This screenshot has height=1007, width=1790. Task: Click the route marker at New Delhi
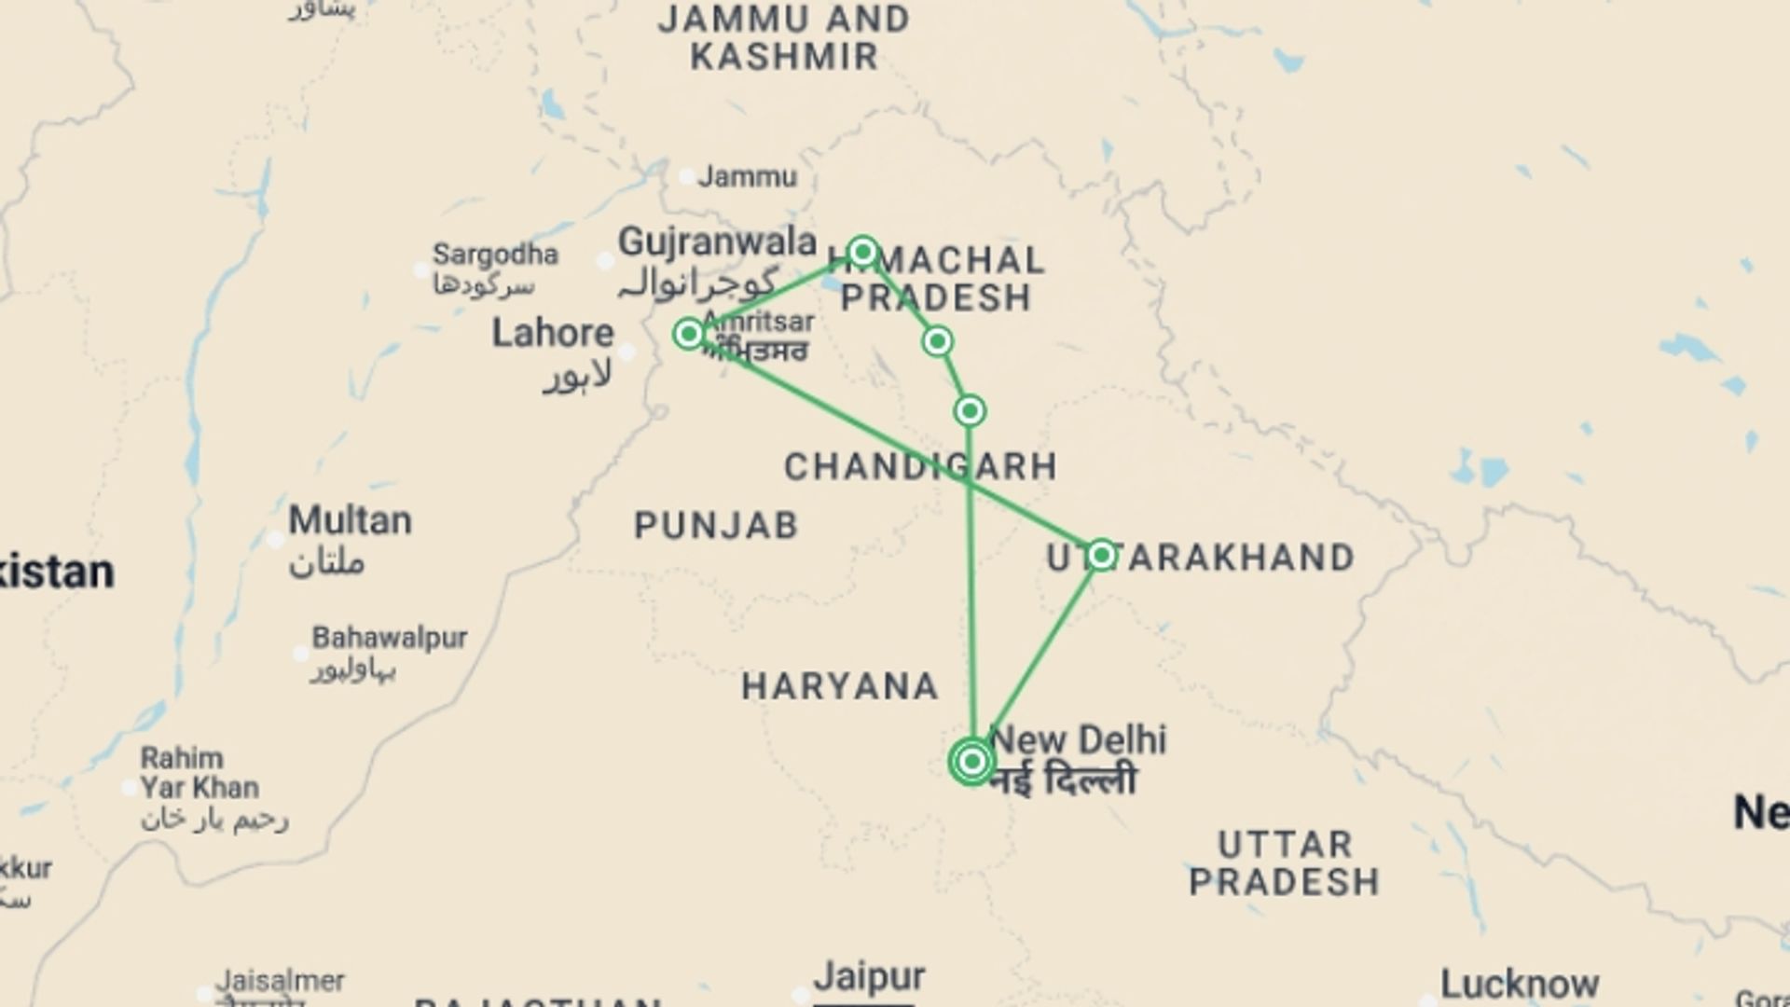972,762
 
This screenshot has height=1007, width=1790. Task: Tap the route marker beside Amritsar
689,334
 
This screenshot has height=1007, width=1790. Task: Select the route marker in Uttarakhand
1101,556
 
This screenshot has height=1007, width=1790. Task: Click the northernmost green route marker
863,252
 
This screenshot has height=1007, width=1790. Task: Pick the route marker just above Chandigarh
970,411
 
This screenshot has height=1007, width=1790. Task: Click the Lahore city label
553,333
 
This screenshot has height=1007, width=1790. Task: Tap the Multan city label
350,520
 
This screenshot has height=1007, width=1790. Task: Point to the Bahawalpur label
389,638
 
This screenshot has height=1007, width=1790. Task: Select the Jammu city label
748,176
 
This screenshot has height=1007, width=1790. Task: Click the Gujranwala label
717,242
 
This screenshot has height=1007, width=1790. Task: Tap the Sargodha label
495,254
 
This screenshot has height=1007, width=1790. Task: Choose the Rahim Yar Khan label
200,772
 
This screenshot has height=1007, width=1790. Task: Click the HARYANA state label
840,687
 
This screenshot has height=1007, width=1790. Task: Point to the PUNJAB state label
716,526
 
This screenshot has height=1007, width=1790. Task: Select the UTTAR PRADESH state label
1284,862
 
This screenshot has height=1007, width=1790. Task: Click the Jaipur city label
869,977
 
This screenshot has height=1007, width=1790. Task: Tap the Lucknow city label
1520,984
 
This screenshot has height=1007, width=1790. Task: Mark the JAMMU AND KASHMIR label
783,37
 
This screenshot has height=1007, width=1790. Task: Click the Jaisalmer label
280,981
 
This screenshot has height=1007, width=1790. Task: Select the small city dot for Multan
275,539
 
